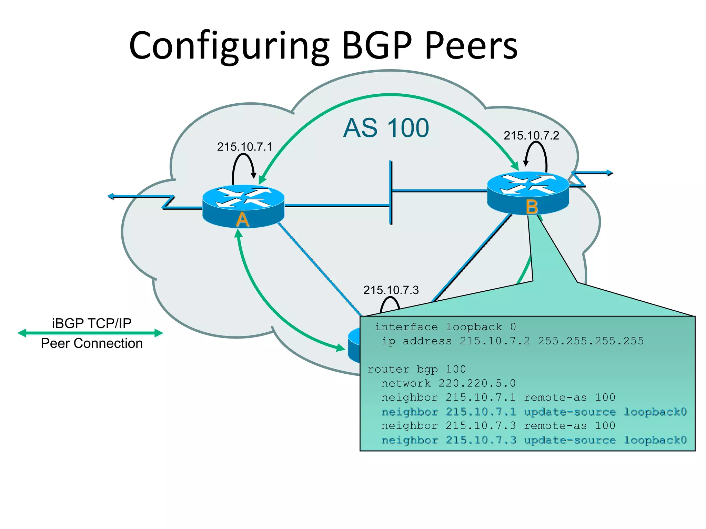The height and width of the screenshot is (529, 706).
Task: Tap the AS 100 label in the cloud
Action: [386, 128]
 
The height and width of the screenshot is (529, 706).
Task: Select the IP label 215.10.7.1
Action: [244, 147]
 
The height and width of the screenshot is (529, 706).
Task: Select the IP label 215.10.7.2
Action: [531, 136]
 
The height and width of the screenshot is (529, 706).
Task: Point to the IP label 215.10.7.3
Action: [391, 290]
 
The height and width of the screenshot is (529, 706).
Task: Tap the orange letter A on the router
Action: [242, 220]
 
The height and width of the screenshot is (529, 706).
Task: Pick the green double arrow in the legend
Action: [90, 333]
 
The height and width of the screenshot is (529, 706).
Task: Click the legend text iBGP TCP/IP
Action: [92, 323]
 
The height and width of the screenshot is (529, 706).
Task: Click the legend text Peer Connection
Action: [92, 343]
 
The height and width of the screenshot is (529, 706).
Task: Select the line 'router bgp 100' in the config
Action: [416, 369]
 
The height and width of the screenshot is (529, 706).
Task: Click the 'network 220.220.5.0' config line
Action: [448, 383]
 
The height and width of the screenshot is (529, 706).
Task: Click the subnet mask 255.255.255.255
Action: [591, 341]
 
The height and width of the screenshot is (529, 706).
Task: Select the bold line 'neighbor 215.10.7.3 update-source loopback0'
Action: [534, 440]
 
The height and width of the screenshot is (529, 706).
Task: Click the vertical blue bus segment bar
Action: [391, 192]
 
